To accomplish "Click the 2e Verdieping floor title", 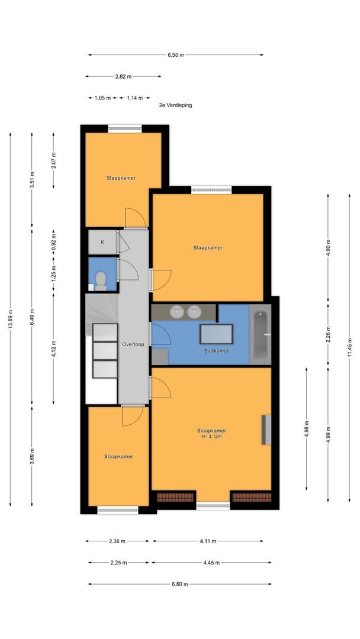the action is [175, 105].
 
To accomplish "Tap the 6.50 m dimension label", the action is [176, 55].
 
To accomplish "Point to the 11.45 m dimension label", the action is [349, 347].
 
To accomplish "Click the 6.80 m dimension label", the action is [180, 584].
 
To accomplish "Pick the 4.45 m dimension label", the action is [211, 563].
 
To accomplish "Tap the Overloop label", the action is [133, 344].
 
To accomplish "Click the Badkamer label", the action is [217, 351].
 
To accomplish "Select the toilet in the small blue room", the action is [101, 281].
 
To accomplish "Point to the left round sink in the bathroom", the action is [177, 312].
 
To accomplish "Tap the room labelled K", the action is [103, 242].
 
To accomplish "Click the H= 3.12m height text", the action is [211, 437].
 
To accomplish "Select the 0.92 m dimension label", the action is [53, 243].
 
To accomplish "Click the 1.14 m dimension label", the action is [135, 98].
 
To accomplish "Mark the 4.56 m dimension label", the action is [307, 429].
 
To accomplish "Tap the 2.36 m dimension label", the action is [117, 541].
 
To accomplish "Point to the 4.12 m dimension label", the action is [53, 348].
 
